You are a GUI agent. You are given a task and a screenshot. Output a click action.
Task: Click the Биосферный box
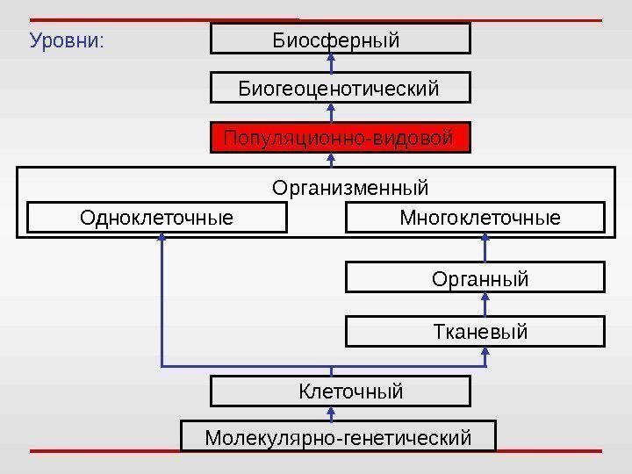341,39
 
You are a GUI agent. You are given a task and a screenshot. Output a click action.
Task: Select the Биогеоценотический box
341,88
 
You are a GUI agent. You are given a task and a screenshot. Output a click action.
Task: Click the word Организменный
350,188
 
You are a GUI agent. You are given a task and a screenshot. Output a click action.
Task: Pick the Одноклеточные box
157,217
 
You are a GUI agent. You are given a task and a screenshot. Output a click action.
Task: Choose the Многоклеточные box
476,217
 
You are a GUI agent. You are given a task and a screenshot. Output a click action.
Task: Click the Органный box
476,278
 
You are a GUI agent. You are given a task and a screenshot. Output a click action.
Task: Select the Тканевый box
476,332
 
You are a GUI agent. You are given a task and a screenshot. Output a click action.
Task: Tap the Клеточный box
341,391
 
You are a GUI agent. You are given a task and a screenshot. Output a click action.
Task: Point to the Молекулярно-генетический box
338,436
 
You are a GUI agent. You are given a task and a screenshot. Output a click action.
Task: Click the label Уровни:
67,40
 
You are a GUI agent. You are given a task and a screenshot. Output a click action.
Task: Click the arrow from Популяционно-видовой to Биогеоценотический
332,112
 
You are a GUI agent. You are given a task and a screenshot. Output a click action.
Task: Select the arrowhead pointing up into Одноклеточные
162,239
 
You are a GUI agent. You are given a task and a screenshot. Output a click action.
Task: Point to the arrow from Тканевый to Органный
485,305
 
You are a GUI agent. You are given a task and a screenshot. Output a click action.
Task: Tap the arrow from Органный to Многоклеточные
485,248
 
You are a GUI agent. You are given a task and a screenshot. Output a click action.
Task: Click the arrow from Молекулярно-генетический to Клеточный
332,413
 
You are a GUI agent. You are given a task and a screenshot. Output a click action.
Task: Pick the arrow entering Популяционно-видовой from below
332,159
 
